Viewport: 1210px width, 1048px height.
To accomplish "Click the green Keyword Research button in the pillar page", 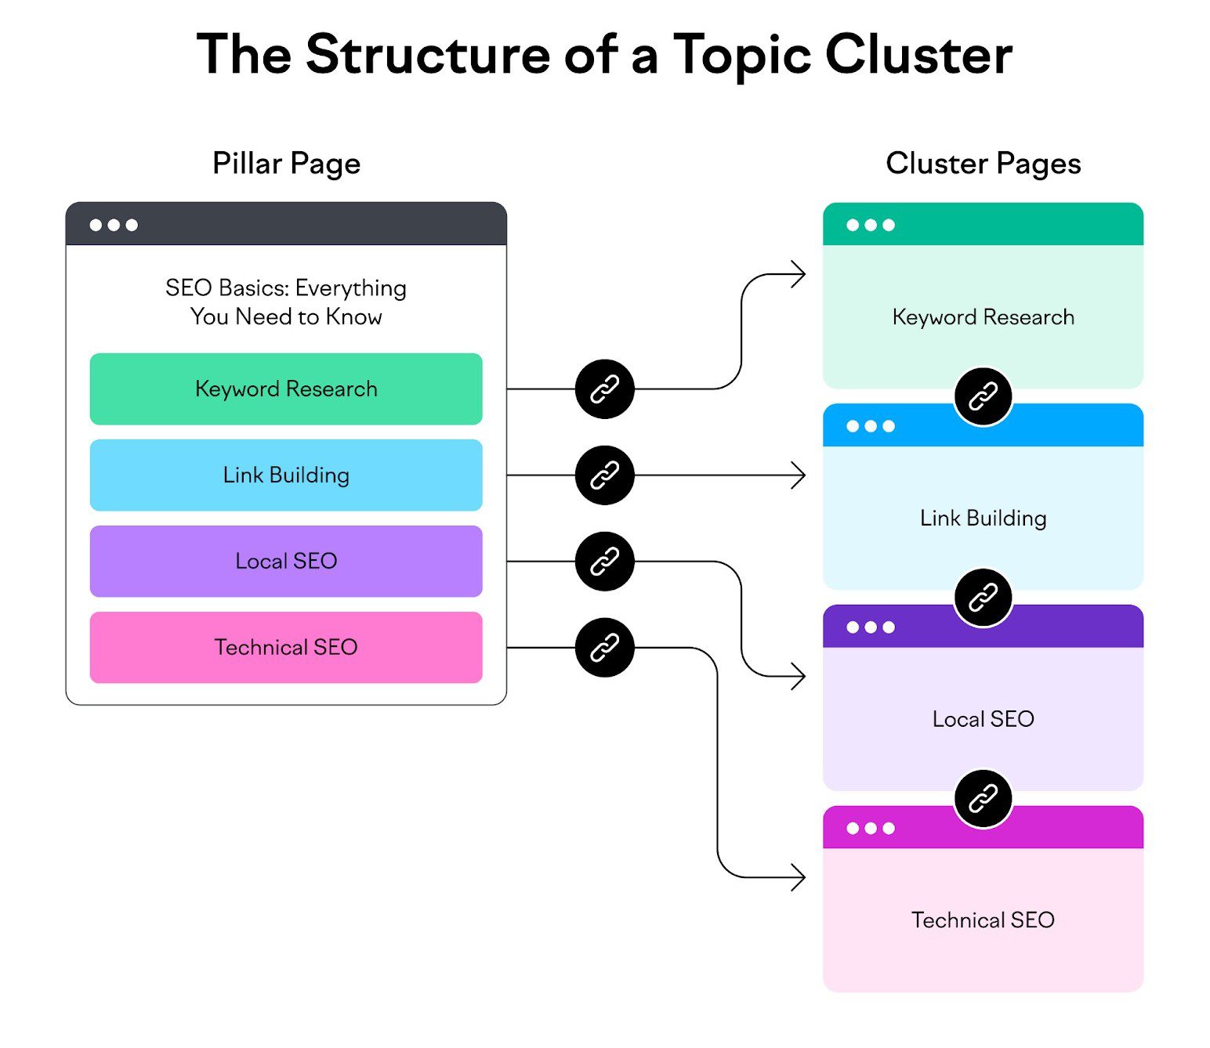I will pos(286,389).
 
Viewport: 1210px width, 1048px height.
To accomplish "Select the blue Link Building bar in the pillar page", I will pos(286,475).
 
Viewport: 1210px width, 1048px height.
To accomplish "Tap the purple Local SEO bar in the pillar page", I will pos(286,562).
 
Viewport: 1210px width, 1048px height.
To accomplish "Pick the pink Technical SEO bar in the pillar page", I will pos(286,648).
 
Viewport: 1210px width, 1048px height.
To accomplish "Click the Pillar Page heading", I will pos(286,164).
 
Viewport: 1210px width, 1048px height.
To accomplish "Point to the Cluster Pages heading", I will pos(983,164).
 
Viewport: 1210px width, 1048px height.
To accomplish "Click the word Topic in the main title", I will pos(741,55).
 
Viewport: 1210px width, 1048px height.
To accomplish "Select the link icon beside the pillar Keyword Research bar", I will pos(604,389).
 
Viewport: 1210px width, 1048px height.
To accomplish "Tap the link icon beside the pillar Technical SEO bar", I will pos(604,648).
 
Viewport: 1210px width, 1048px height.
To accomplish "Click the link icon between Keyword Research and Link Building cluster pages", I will pos(983,396).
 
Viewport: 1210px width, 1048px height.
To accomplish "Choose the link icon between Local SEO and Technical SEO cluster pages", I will pos(983,799).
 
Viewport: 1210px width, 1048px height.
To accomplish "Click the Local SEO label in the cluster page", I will pos(983,719).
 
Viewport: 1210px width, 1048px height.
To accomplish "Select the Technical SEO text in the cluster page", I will pos(983,920).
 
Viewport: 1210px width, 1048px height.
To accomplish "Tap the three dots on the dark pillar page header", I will pos(114,226).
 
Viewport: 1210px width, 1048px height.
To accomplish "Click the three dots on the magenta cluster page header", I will pos(870,829).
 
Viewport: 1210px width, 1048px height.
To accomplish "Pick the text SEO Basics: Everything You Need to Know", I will pos(286,302).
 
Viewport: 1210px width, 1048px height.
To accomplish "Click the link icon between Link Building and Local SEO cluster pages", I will pos(983,598).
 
